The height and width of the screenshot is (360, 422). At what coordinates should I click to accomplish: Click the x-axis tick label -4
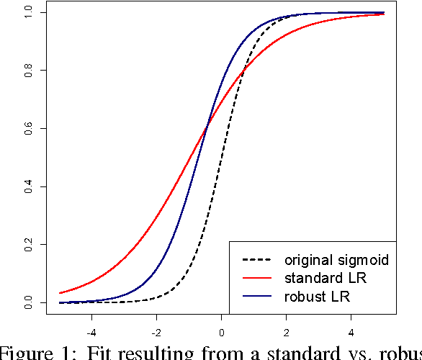(x=91, y=333)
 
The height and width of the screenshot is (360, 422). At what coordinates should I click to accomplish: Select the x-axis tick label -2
(x=156, y=333)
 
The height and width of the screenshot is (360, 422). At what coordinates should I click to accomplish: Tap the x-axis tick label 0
(x=222, y=333)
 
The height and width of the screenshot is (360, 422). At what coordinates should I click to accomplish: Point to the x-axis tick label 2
(x=287, y=333)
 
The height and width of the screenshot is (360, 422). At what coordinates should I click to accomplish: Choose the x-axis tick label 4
(x=351, y=333)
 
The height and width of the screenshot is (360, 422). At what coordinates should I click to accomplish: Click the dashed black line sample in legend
(x=257, y=259)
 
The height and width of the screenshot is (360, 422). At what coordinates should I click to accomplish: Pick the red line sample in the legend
(x=257, y=278)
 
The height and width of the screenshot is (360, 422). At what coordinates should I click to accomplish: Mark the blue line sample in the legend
(x=257, y=297)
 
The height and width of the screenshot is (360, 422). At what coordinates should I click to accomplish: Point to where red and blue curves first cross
(x=207, y=127)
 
